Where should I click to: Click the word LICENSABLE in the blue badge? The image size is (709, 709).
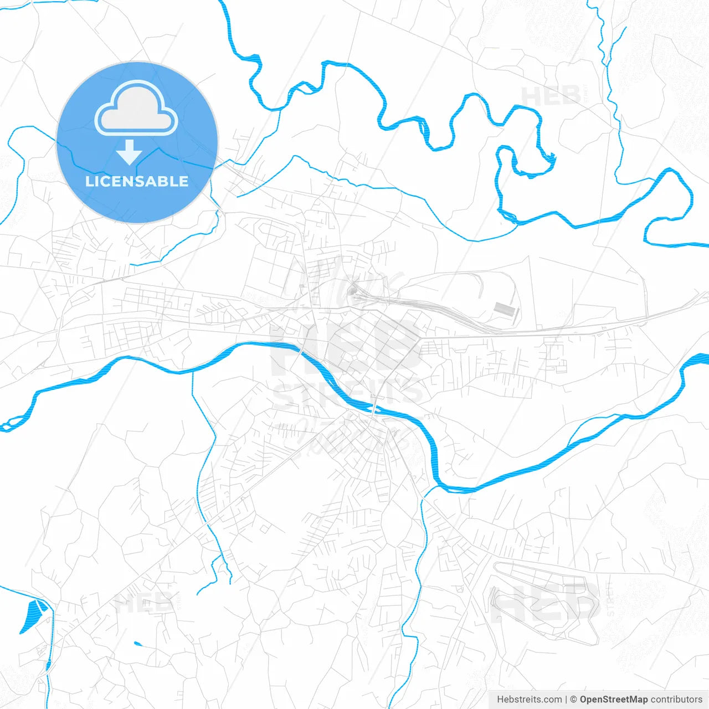137,181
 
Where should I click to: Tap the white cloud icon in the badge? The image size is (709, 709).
136,109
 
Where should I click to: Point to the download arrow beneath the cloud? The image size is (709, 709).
130,152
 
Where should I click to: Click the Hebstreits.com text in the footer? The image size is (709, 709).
529,700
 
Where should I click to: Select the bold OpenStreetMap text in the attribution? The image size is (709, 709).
613,700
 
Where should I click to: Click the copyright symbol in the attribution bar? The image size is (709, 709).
573,700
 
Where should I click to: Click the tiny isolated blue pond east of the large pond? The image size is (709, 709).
137,644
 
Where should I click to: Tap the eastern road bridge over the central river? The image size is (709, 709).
375,408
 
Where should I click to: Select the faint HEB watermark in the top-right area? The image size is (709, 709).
551,97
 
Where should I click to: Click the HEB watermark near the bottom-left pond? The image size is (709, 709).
143,603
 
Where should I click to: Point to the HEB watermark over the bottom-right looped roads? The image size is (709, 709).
546,601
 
